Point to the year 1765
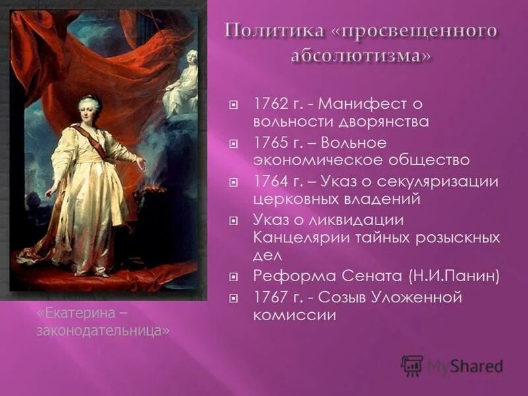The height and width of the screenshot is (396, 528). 267,143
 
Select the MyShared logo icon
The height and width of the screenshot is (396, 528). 412,366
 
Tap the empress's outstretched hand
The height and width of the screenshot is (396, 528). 141,162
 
